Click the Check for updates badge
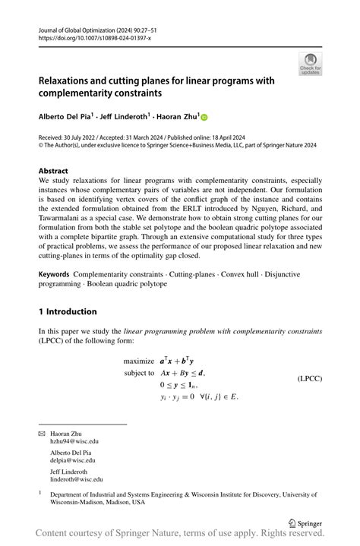coord(310,65)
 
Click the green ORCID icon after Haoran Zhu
coord(204,116)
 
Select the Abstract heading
coord(53,172)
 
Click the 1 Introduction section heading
coord(68,311)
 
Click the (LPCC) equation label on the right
coord(309,377)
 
